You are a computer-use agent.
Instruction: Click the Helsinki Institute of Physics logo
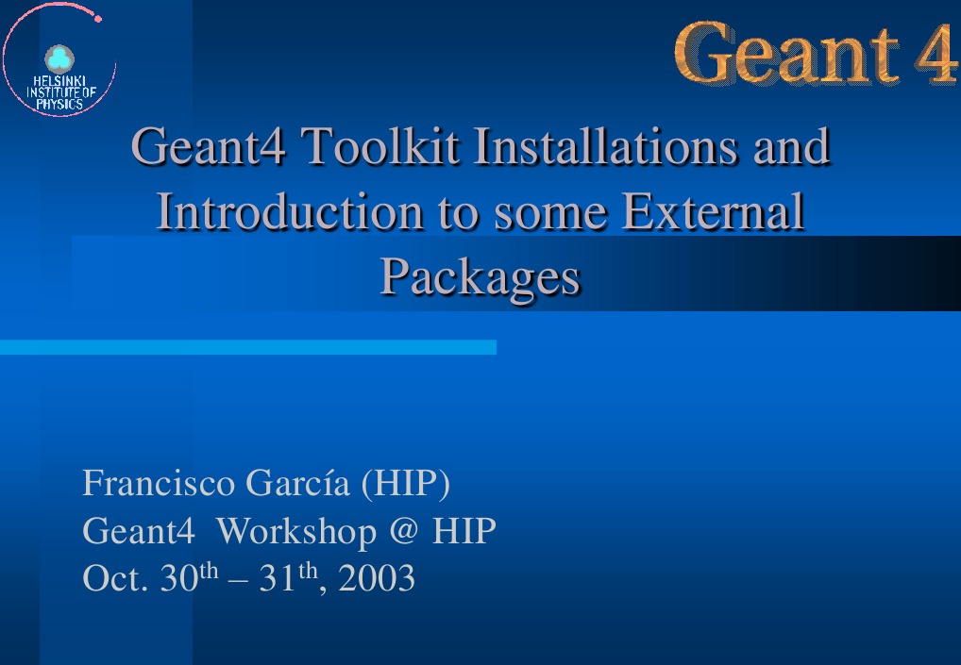(59, 60)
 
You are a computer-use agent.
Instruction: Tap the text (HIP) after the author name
(405, 485)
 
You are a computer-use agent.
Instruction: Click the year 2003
(377, 578)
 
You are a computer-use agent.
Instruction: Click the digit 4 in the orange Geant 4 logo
(936, 53)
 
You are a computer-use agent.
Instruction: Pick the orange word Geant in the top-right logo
(785, 53)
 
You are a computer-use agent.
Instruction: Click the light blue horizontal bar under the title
(247, 347)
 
